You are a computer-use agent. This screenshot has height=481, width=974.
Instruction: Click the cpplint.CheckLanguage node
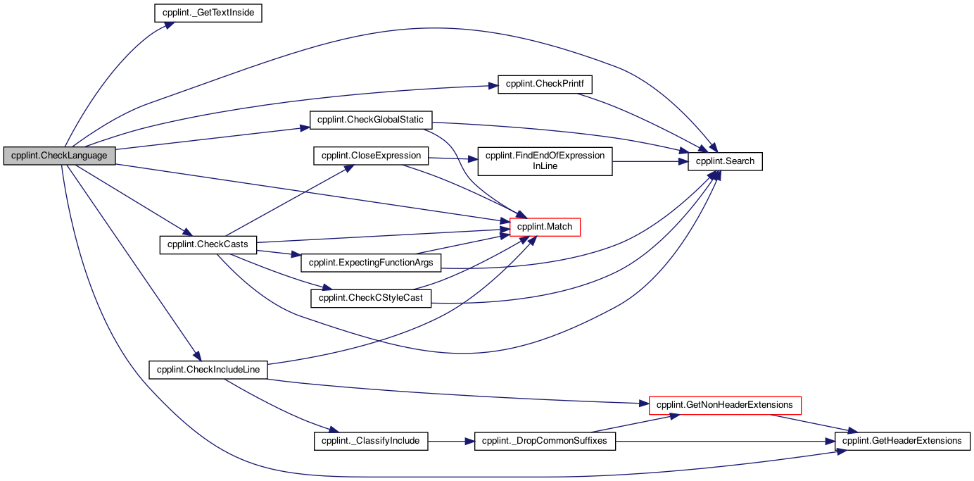(60, 156)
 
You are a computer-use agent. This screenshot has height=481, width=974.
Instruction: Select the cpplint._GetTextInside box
(208, 13)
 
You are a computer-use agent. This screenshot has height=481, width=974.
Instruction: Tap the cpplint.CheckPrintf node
(545, 84)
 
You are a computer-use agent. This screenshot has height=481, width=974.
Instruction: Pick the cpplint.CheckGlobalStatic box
(371, 120)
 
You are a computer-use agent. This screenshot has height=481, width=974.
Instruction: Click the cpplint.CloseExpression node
(371, 156)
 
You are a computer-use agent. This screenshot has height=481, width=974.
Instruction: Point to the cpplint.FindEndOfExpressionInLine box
(545, 161)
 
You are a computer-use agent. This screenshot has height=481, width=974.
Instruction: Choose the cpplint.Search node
(725, 161)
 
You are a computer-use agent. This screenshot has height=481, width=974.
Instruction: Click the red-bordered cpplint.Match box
(545, 227)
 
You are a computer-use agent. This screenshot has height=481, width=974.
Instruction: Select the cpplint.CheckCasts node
(208, 245)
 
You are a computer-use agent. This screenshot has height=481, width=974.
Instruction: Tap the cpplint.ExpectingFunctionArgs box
(371, 263)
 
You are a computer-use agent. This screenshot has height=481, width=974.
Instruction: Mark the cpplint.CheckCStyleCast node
(371, 299)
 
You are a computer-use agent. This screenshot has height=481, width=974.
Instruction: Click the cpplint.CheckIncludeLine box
(208, 370)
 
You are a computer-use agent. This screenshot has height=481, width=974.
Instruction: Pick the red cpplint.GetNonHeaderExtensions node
(725, 406)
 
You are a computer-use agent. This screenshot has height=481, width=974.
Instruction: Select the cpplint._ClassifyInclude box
(371, 442)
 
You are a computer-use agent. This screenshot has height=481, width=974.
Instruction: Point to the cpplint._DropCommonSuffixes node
(545, 442)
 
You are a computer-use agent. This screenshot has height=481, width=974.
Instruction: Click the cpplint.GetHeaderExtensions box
(902, 442)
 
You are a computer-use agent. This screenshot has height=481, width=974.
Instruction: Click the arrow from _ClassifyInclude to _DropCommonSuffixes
(451, 442)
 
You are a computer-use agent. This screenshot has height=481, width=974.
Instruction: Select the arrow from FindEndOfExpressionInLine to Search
(650, 161)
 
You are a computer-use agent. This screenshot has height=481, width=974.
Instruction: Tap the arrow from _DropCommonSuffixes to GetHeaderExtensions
(726, 442)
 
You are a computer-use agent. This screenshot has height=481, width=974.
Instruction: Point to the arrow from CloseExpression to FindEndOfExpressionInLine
(453, 159)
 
